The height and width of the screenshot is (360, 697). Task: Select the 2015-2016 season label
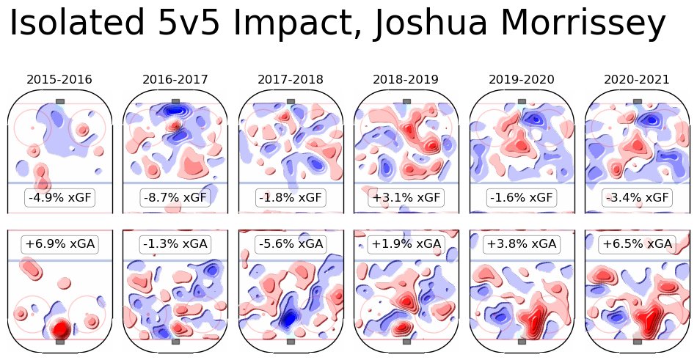click(59, 79)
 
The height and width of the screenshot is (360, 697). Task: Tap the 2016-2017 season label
click(175, 79)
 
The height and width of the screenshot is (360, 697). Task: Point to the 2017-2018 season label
click(291, 79)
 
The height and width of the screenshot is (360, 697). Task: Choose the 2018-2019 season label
click(406, 79)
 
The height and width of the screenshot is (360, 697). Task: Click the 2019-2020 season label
click(522, 79)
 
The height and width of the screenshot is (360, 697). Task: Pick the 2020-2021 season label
click(637, 79)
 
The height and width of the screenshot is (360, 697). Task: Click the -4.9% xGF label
click(59, 197)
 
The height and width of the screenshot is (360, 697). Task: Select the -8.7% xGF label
click(175, 197)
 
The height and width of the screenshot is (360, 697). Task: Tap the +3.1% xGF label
click(406, 197)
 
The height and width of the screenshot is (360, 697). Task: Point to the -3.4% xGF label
click(637, 197)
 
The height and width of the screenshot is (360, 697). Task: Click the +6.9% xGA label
click(59, 243)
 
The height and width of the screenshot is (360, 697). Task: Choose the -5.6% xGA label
click(291, 243)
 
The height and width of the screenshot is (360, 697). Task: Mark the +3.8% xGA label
click(522, 243)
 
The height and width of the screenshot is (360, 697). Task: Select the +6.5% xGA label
click(637, 243)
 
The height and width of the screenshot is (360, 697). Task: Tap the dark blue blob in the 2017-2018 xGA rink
click(289, 317)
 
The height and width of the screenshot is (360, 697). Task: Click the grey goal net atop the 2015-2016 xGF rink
click(60, 101)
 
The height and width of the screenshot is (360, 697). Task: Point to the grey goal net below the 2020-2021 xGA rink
click(637, 342)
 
